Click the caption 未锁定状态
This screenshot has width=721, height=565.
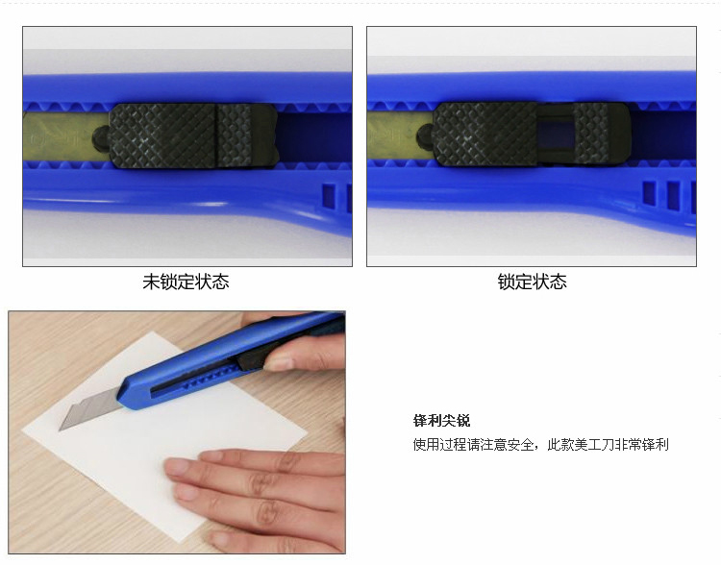tap(186, 282)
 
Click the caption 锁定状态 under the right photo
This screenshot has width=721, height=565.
tap(532, 282)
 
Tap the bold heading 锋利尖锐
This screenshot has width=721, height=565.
tap(441, 420)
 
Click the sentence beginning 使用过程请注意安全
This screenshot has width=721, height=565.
tap(540, 445)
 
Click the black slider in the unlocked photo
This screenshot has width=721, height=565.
tap(193, 135)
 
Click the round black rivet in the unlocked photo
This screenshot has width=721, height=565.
tap(100, 136)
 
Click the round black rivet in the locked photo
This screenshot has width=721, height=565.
tap(425, 136)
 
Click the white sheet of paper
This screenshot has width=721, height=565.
tap(165, 437)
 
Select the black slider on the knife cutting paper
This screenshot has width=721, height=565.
tap(254, 360)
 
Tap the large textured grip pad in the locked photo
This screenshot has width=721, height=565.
tap(485, 134)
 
